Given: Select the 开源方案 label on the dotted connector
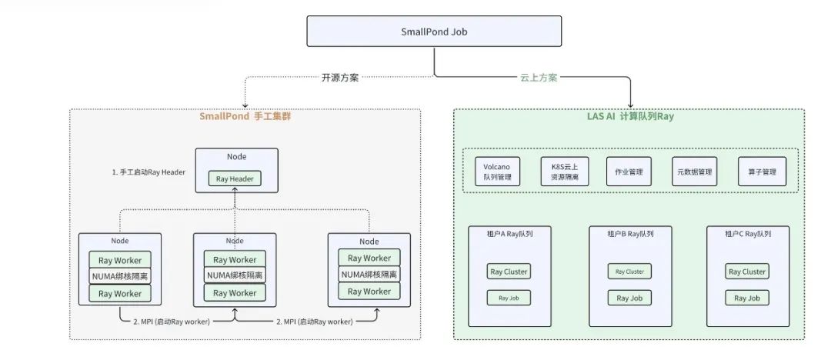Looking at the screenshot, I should [x=339, y=77].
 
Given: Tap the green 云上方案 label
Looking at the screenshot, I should [x=539, y=77].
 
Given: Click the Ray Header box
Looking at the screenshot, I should [x=235, y=179].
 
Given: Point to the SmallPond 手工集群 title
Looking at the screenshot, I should [x=244, y=116].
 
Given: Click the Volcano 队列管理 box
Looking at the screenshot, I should [x=502, y=172].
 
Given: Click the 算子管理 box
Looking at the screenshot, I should [x=763, y=172].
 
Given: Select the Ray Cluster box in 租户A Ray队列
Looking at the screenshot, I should [x=508, y=272].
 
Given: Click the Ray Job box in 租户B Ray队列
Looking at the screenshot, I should [x=629, y=297].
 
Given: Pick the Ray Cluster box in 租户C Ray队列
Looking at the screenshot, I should [x=746, y=272].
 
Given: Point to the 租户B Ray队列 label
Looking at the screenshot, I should [x=630, y=234].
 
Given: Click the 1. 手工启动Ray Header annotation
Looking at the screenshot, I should [x=149, y=172].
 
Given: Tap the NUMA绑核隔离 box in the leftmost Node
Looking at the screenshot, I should [x=120, y=276].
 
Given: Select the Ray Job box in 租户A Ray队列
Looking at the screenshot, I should [x=508, y=297].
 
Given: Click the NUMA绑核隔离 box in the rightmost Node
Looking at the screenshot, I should [x=369, y=275].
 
